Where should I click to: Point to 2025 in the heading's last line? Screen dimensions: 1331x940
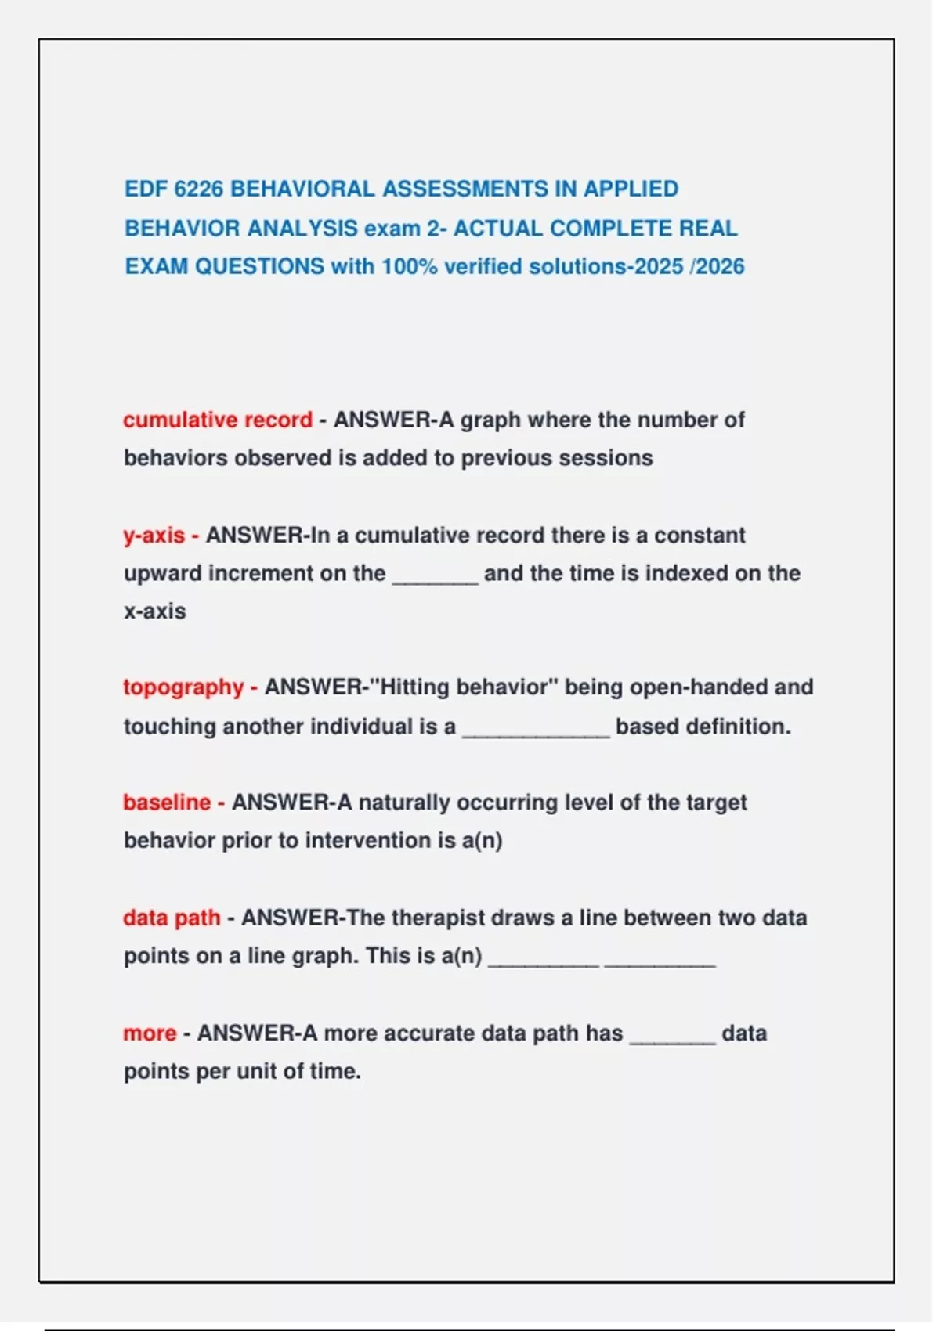pos(659,266)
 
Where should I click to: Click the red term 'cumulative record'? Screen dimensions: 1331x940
pos(218,420)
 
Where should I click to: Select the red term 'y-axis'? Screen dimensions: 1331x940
pos(154,536)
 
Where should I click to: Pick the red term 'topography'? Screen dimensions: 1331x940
pos(183,687)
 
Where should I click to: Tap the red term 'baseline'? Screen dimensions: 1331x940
pos(167,803)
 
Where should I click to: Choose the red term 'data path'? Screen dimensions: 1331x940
pos(172,918)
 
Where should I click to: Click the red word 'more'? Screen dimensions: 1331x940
pos(150,1033)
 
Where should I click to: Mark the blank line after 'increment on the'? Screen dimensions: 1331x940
pos(435,580)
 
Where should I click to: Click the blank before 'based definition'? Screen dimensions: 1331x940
pos(536,734)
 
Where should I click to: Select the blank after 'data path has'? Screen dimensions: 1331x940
pos(672,1041)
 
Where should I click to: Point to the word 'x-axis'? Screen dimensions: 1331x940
pos(155,611)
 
